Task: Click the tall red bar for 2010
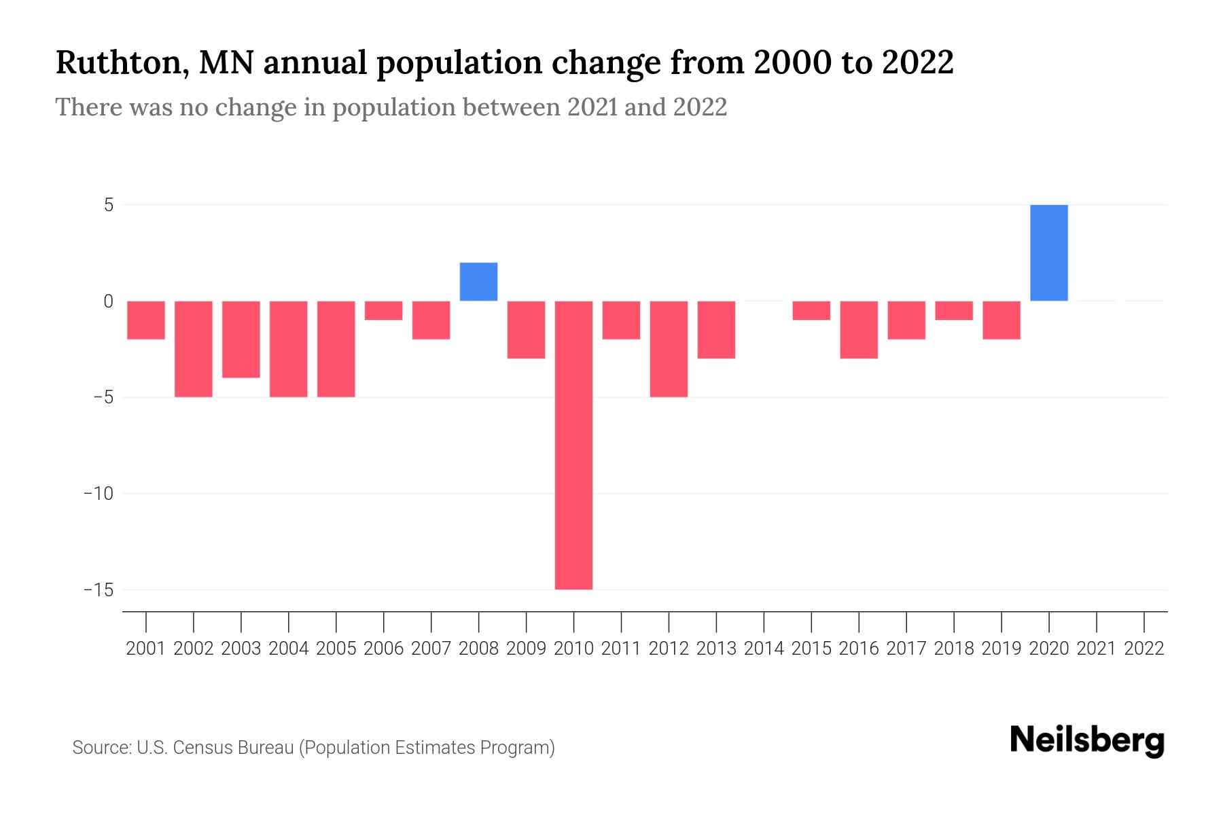click(x=573, y=445)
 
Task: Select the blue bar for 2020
click(x=1048, y=253)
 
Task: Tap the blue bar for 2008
click(x=478, y=282)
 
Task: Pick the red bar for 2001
click(x=146, y=320)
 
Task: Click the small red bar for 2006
click(x=383, y=310)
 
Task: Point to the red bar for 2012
click(x=669, y=348)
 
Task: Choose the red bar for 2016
click(x=859, y=329)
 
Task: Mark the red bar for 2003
click(x=241, y=339)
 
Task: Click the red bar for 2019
click(x=1001, y=320)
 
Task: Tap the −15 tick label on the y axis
click(x=99, y=590)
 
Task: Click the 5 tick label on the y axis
click(x=109, y=205)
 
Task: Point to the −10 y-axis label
click(x=99, y=494)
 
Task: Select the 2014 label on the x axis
click(x=764, y=649)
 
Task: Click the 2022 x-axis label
click(x=1144, y=649)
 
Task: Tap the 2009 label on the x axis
click(x=526, y=649)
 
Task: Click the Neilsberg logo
click(x=1087, y=741)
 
